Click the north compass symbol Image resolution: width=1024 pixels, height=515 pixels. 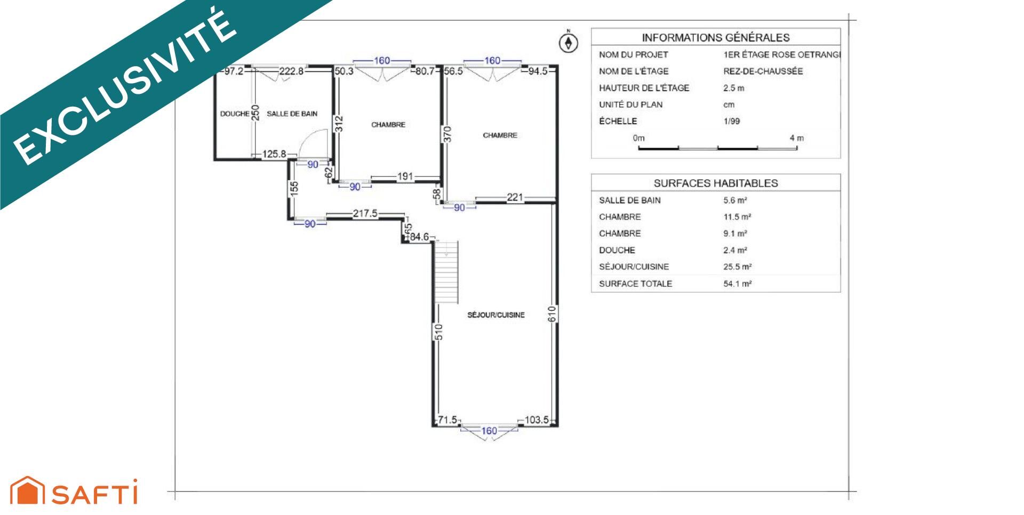[x=569, y=42]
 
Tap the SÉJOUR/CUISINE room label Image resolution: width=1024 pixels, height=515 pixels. [x=496, y=315]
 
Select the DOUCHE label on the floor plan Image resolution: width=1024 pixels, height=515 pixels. [x=235, y=114]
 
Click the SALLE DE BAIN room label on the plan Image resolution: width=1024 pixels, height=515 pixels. [x=292, y=114]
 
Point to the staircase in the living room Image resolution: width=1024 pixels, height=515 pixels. [x=446, y=272]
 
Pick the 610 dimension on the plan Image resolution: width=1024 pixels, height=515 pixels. [x=553, y=313]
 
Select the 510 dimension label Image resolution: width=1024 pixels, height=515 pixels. [x=439, y=332]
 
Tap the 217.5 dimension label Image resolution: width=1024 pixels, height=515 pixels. [x=365, y=213]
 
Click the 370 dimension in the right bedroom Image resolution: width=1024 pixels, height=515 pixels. [x=447, y=134]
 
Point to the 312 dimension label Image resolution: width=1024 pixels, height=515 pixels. [x=339, y=124]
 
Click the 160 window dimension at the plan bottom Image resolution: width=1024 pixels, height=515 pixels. [x=489, y=431]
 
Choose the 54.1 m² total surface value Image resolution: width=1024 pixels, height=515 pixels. [x=738, y=284]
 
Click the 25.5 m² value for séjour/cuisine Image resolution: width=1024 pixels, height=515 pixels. [x=738, y=267]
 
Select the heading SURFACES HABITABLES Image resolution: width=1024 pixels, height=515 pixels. [x=716, y=183]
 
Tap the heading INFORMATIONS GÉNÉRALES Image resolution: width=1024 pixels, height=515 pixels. [x=716, y=37]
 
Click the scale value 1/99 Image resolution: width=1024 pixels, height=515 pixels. [x=732, y=121]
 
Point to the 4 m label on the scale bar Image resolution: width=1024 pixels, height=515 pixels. [x=797, y=138]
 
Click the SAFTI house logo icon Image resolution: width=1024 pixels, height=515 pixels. [x=28, y=490]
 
